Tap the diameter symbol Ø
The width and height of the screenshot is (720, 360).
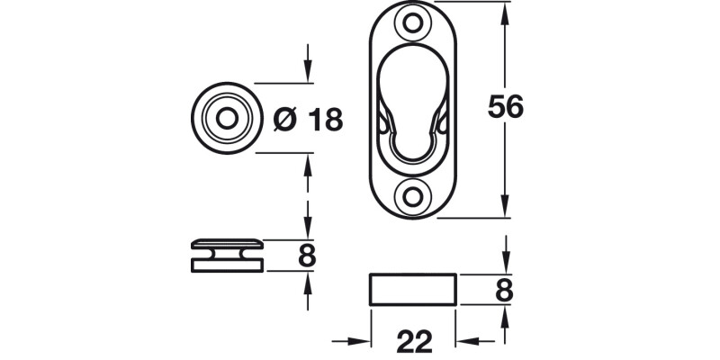click(x=283, y=119)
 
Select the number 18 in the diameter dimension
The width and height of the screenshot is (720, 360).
click(x=324, y=119)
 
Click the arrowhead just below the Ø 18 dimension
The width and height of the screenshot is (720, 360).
click(x=309, y=162)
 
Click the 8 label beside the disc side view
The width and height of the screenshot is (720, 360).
click(x=307, y=256)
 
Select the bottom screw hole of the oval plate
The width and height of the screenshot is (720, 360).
click(x=414, y=195)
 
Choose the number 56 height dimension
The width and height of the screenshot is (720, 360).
click(x=505, y=107)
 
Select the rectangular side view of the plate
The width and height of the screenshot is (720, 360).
click(x=414, y=290)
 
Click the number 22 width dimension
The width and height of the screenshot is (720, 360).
click(x=413, y=341)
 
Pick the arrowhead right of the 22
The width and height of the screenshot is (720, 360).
click(x=466, y=341)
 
